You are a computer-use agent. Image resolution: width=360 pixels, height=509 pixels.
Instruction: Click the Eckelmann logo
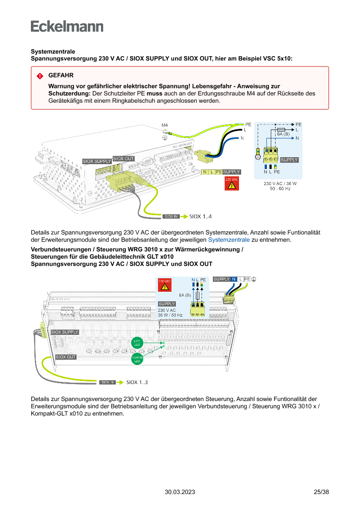[x=67, y=26]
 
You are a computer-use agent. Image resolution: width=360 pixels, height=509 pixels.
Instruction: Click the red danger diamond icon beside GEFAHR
[x=40, y=76]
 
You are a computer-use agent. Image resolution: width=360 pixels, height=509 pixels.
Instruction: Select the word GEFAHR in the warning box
[x=61, y=75]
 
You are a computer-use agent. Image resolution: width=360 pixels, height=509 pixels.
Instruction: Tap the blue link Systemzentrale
[x=229, y=240]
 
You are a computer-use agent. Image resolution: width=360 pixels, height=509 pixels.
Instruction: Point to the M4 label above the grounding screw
[x=165, y=125]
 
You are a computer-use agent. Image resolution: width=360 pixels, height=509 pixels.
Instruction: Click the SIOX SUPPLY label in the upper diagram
[x=97, y=162]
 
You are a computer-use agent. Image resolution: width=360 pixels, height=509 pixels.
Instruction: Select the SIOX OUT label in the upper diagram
[x=124, y=158]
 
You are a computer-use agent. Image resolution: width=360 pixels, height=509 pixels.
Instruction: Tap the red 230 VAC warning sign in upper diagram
[x=232, y=183]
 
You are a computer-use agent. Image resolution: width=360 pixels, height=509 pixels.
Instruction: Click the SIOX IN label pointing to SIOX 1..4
[x=171, y=216]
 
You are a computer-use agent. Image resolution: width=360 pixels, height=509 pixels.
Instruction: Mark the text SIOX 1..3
[x=137, y=382]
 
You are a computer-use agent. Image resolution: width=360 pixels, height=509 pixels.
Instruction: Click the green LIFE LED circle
[x=137, y=342]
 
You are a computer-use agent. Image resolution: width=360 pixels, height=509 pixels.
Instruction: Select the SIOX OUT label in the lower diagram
[x=66, y=357]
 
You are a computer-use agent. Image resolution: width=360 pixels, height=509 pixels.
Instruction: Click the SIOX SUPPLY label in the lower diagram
[x=65, y=332]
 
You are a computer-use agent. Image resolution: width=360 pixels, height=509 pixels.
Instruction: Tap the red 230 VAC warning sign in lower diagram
[x=165, y=284]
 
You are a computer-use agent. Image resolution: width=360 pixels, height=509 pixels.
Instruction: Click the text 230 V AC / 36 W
[x=280, y=184]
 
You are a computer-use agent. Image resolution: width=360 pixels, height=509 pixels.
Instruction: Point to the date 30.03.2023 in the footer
[x=180, y=492]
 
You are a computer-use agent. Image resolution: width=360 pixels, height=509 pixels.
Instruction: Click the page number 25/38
[x=321, y=492]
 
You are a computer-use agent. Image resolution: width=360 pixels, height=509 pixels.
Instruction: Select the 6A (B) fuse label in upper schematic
[x=283, y=134]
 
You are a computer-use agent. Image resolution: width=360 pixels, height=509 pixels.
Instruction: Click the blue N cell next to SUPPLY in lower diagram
[x=234, y=279]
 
